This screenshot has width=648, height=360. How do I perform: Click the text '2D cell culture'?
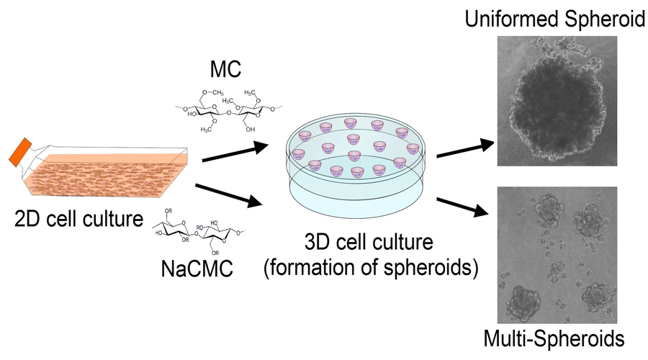79,218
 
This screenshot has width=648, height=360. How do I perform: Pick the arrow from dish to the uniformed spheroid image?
465,147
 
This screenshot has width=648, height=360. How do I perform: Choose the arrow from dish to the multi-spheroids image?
465,202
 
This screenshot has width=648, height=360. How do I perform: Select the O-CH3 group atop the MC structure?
210,92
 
